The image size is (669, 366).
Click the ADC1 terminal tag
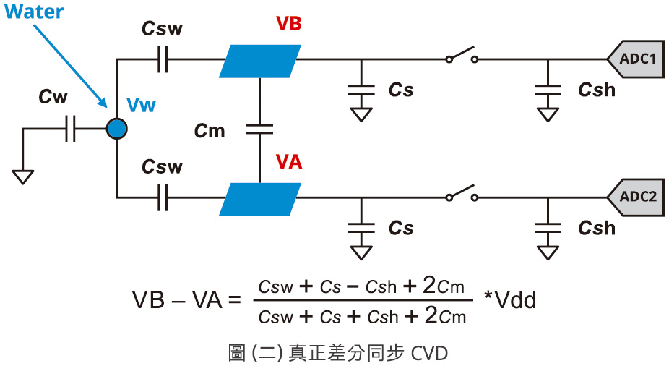[636, 59]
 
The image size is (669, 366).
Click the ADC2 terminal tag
[636, 196]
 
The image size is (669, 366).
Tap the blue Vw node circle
[116, 129]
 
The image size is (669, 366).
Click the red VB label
[288, 23]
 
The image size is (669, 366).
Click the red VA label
[289, 162]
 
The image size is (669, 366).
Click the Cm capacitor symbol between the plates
[259, 130]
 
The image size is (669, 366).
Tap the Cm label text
[210, 131]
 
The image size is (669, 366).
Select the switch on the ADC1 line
[459, 56]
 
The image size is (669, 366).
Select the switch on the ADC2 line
[459, 194]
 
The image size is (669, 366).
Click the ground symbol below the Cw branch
[23, 176]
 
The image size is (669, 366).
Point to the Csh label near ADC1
[597, 90]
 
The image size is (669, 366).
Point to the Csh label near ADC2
[597, 228]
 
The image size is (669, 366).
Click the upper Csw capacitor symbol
[162, 61]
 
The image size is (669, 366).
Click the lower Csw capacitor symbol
[162, 197]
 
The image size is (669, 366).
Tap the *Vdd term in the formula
[510, 299]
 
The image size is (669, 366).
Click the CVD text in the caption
[430, 353]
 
